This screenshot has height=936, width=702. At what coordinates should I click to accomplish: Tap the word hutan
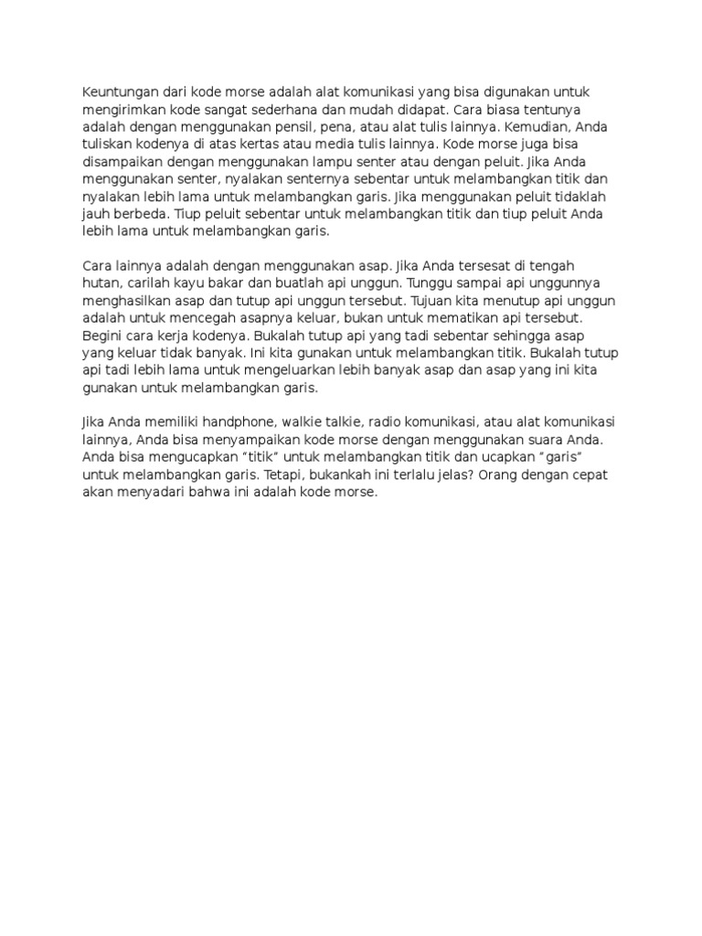[101, 283]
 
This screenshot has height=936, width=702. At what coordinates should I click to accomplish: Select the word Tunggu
[431, 283]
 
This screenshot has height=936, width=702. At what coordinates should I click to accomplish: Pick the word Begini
[103, 335]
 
